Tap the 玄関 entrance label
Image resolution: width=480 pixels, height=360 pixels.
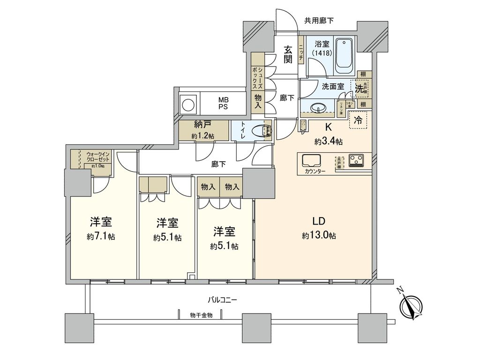288,53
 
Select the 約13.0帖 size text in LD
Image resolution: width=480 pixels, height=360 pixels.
319,236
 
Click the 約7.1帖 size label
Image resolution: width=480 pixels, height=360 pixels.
101,237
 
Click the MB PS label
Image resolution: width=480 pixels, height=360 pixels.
223,103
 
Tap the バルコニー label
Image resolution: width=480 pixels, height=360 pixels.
223,299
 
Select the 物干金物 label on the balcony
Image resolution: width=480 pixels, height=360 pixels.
202,315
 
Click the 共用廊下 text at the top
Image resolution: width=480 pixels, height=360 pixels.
319,20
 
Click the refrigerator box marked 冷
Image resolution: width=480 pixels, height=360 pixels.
358,120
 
